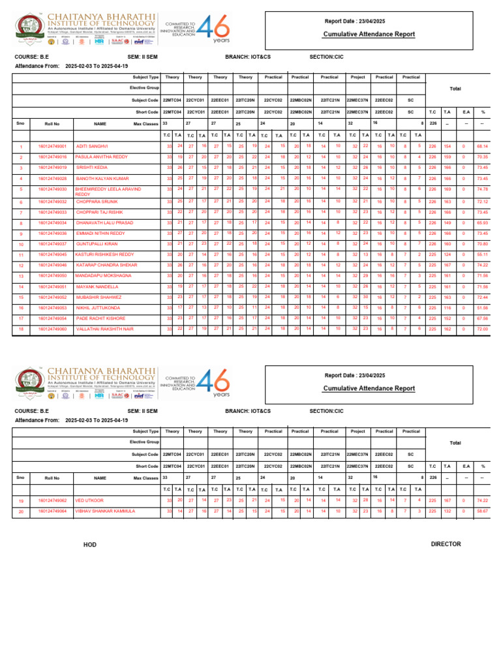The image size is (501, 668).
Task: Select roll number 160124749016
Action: tap(53, 157)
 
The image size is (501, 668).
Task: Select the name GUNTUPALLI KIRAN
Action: tap(96, 244)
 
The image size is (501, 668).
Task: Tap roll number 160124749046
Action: tap(53, 266)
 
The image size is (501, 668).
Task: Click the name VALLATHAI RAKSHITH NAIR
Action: tap(104, 329)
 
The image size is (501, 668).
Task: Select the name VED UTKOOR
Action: tap(89, 500)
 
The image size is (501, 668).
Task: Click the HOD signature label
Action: tap(89, 544)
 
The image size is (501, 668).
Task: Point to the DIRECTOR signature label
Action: tap(446, 544)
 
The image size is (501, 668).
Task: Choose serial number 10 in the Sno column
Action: tap(21, 245)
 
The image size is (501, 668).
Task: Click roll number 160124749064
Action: tap(53, 511)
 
